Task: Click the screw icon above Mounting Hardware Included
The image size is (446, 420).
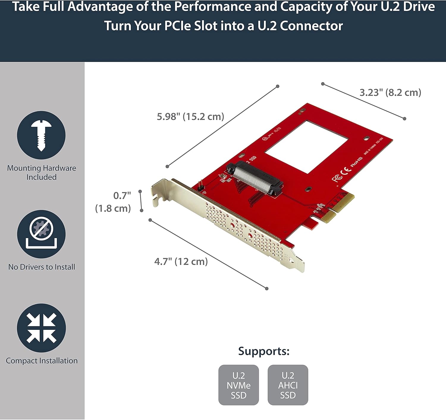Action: pos(41,135)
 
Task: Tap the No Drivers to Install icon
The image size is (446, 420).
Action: pos(41,234)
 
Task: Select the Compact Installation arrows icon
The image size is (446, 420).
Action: pos(41,328)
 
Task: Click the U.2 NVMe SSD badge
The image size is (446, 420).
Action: pos(238,385)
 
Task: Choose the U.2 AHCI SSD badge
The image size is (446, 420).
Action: pos(288,385)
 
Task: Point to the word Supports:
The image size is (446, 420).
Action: pos(263,351)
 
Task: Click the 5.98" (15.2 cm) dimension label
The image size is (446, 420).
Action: pos(190,116)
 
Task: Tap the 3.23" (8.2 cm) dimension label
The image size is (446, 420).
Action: pos(390,93)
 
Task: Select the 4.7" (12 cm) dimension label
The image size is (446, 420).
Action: pos(181,262)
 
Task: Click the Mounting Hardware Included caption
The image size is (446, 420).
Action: pos(41,172)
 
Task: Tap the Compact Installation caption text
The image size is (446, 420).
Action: pos(41,361)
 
